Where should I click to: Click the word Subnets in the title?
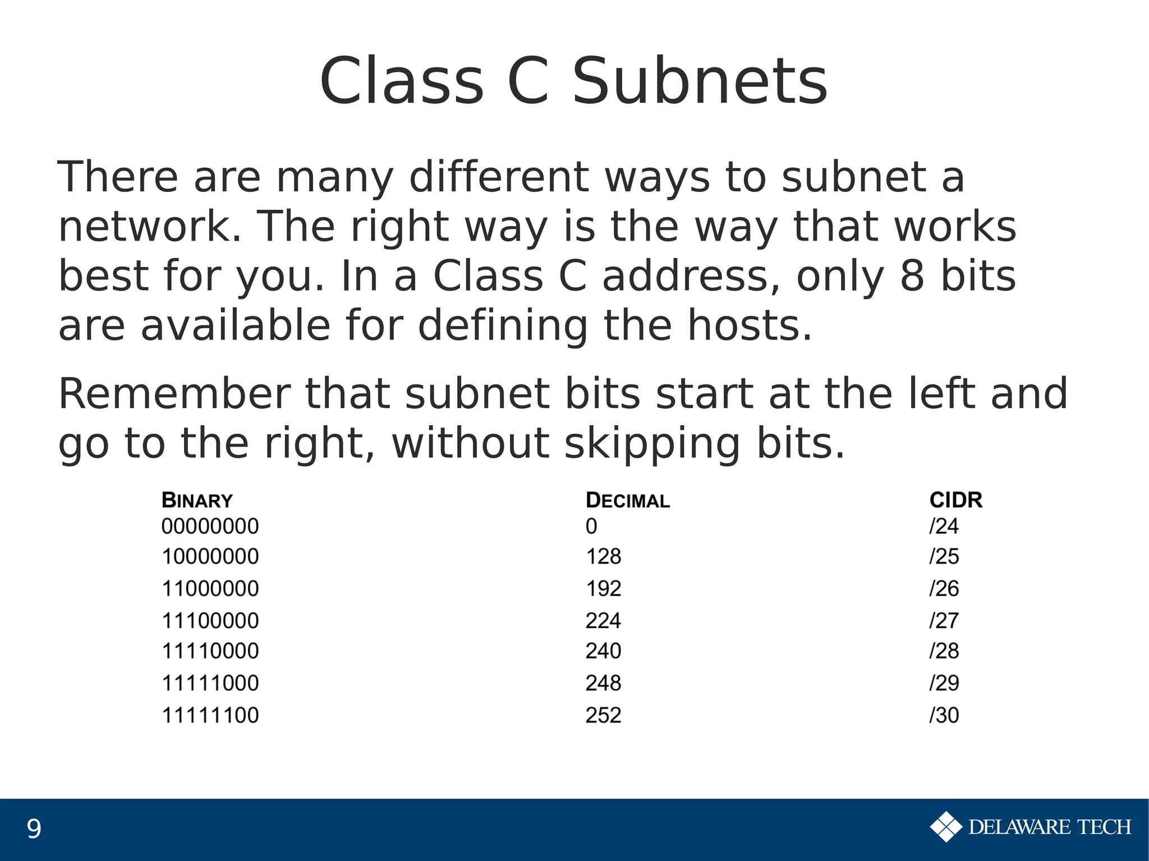(699, 81)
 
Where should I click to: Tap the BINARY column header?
(197, 500)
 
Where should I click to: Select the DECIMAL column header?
(627, 500)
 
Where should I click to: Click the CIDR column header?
(955, 500)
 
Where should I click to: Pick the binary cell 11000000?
(210, 588)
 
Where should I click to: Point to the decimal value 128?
(603, 556)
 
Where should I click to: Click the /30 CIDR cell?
(944, 715)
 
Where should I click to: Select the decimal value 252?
(603, 715)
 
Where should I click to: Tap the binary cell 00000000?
(210, 526)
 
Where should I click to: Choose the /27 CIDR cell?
(944, 620)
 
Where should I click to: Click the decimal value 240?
(603, 651)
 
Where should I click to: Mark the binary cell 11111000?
(210, 683)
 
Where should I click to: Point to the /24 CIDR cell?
(944, 526)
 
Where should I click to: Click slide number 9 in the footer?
(34, 829)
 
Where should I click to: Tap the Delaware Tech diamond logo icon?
(946, 827)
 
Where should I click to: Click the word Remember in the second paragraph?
(174, 394)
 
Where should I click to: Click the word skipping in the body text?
(652, 444)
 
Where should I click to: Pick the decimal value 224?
(603, 620)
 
